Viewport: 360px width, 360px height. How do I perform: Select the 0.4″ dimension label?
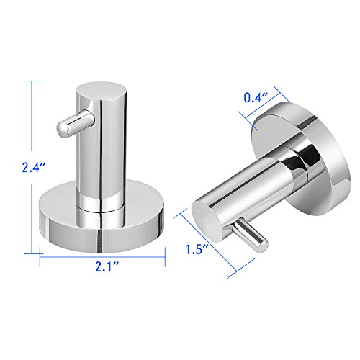(256, 97)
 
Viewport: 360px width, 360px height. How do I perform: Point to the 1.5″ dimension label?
(197, 249)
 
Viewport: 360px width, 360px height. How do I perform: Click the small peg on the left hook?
(74, 124)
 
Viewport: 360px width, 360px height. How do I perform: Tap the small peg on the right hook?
(250, 234)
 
